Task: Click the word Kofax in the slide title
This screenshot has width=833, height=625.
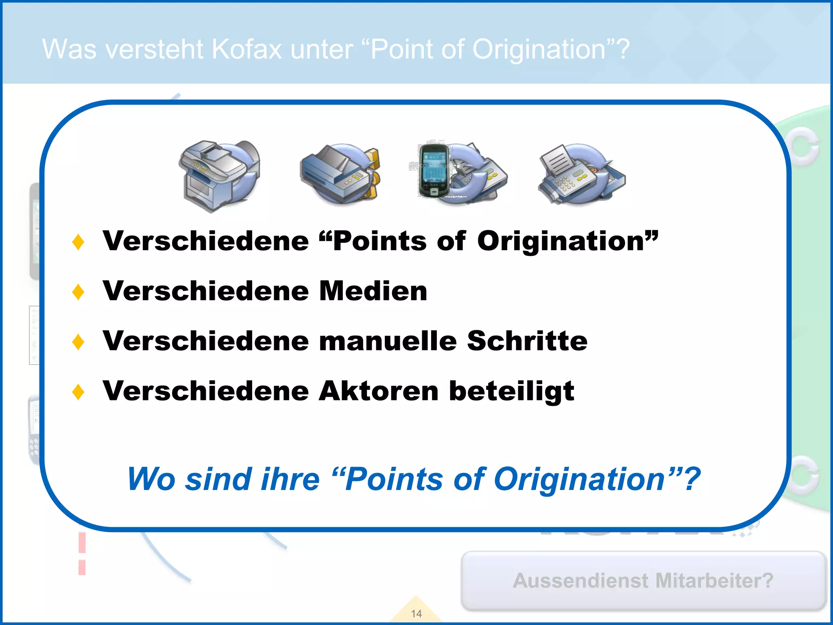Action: (247, 50)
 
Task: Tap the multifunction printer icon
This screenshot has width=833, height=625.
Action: (220, 175)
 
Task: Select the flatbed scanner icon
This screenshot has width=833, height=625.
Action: (340, 173)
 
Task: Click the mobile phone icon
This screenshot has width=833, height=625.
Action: (434, 171)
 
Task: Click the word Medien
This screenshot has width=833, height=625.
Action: (373, 291)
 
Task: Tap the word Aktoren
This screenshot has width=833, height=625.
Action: (378, 391)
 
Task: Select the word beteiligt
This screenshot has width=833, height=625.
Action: (512, 391)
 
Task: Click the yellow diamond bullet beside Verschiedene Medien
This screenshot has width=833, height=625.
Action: (78, 292)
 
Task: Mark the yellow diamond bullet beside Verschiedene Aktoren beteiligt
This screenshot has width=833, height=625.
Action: (78, 392)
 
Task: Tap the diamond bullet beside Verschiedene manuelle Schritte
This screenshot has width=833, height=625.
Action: (78, 342)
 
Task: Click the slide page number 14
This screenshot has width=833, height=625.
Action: (416, 614)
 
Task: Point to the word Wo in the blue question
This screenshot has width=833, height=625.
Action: (151, 479)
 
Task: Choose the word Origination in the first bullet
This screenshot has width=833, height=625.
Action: (561, 241)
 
